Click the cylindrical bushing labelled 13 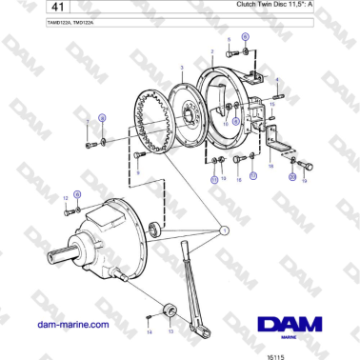[x=171, y=311]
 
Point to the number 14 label [x=149, y=333]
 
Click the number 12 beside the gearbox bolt [x=65, y=197]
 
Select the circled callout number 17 [x=253, y=176]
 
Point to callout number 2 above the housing [x=211, y=50]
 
